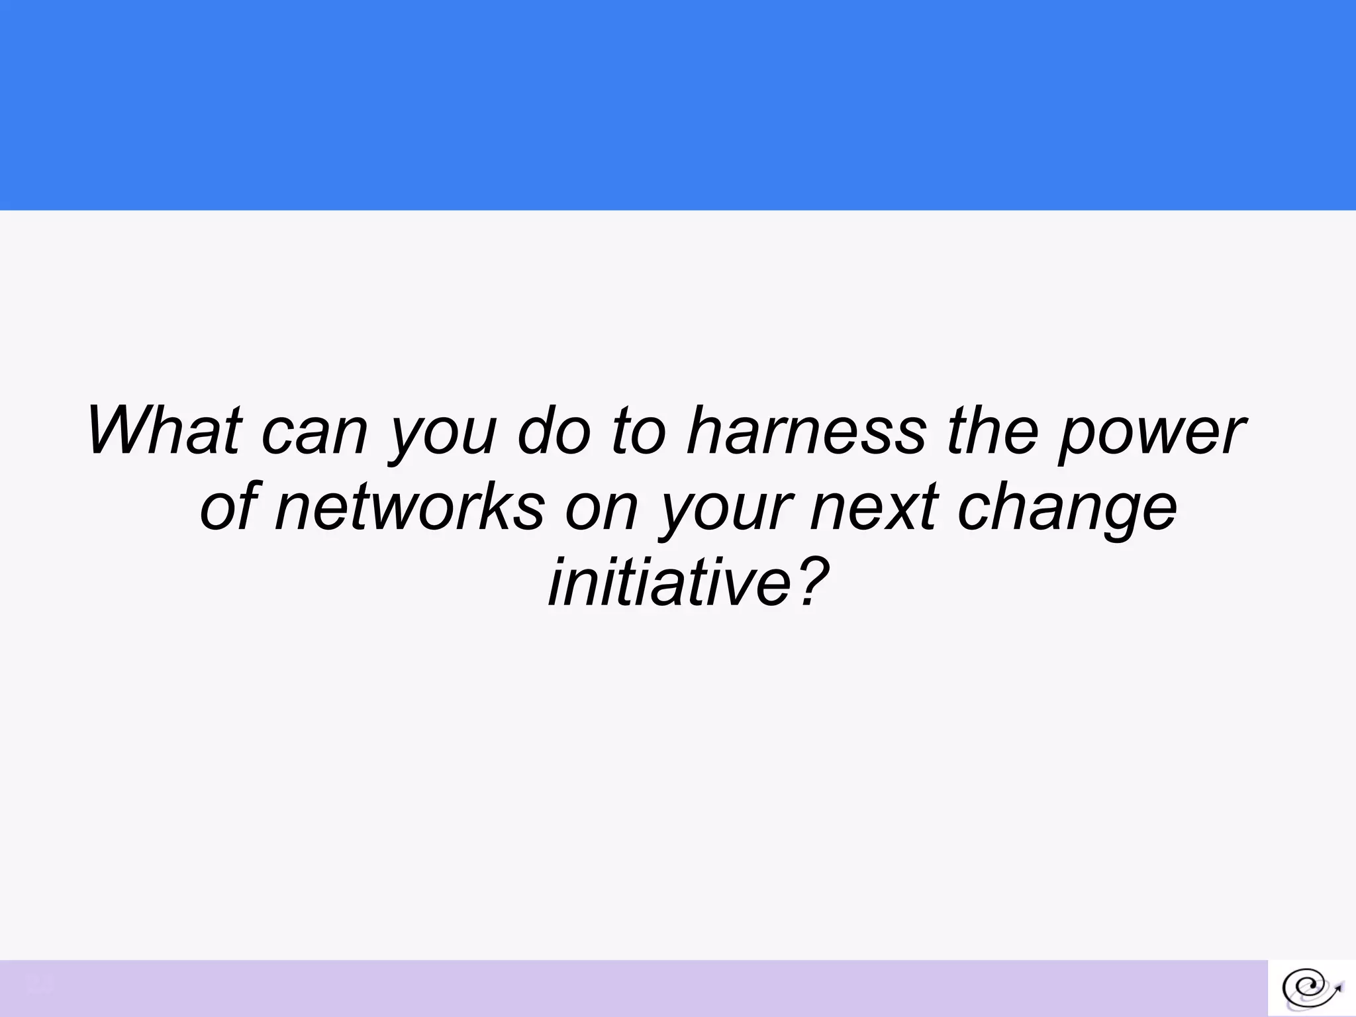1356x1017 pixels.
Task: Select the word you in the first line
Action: [442, 437]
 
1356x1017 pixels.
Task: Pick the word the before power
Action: [993, 430]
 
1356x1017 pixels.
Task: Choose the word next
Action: [874, 507]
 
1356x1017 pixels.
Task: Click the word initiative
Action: [669, 583]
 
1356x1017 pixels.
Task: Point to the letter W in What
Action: [126, 430]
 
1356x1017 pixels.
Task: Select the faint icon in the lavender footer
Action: [39, 983]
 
